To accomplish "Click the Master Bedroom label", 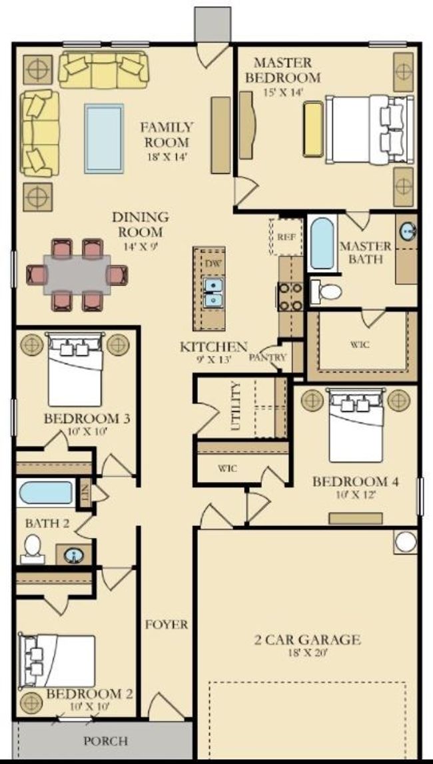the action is point(283,70).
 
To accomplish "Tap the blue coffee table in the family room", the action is point(104,139).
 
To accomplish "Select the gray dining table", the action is point(77,275).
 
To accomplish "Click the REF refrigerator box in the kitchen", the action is point(286,237).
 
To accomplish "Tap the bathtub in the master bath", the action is point(322,243).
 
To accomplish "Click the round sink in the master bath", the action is point(408,232).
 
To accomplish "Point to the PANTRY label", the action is point(267,357).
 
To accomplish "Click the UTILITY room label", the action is point(236,406).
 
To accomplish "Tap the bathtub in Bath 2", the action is point(46,493).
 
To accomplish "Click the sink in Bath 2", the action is point(74,555).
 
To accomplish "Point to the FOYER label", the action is point(167,624).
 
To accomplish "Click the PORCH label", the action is point(106,741).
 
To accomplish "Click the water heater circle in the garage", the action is point(406,541).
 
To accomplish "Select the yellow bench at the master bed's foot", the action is point(313,129).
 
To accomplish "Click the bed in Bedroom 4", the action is point(355,425).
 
